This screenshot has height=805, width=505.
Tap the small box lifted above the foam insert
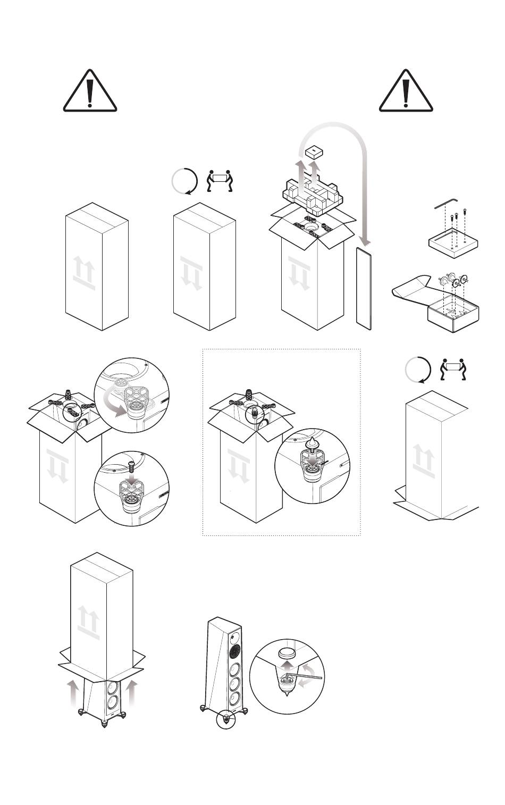coord(314,152)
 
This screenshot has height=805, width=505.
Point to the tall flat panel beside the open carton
coord(364,287)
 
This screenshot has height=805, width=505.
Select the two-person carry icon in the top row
coord(220,180)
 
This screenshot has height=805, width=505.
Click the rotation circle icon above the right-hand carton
coord(417,370)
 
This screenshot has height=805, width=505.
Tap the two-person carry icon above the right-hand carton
coord(453,369)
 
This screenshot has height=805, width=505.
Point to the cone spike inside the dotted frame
coord(312,442)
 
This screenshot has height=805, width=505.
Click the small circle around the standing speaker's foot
coord(226,720)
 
